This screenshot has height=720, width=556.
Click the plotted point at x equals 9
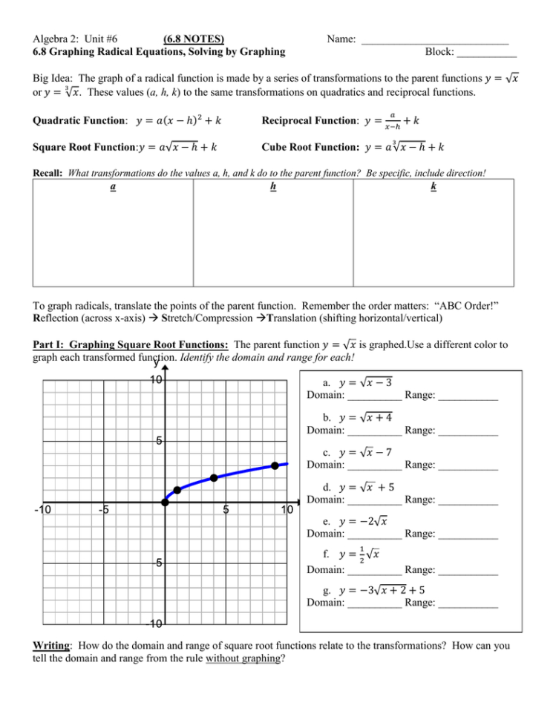[x=275, y=465]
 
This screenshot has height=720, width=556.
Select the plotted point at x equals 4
[x=214, y=478]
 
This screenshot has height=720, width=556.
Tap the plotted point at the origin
[x=165, y=503]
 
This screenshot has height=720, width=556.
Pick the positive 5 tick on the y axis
[x=158, y=441]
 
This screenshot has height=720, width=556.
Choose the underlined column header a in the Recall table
[x=112, y=187]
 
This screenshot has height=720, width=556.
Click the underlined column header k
[x=434, y=187]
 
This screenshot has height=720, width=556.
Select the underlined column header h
[x=273, y=187]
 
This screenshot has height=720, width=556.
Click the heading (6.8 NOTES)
[x=194, y=38]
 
